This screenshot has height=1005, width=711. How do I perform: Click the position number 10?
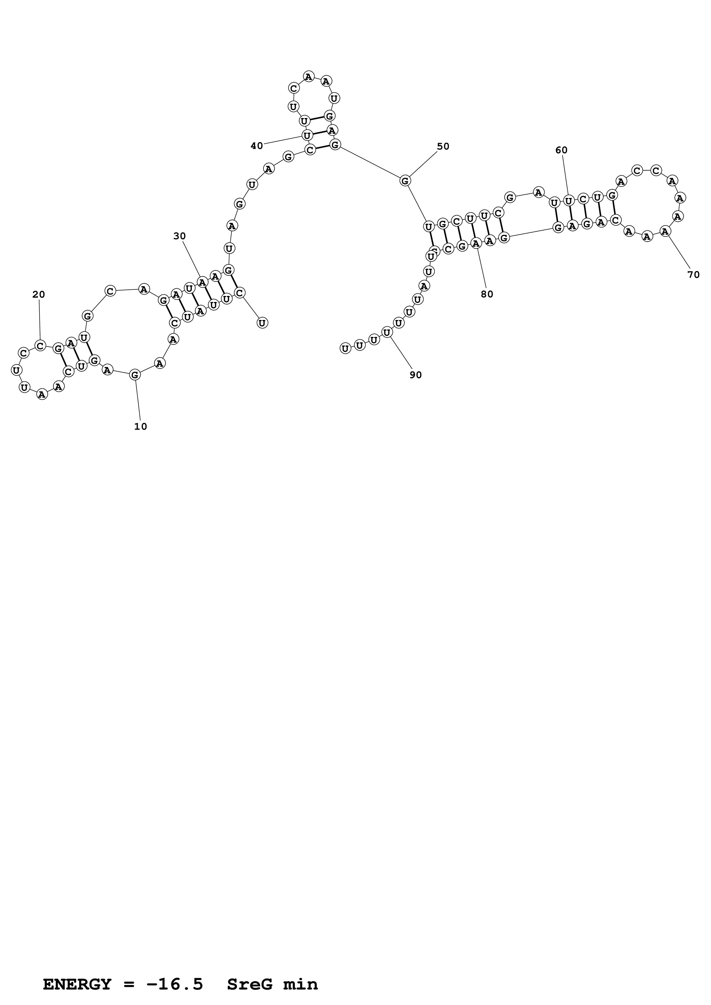pyautogui.click(x=141, y=426)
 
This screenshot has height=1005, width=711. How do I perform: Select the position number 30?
pyautogui.click(x=180, y=236)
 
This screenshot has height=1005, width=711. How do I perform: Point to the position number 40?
pyautogui.click(x=257, y=146)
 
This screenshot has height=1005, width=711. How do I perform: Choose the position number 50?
pyautogui.click(x=443, y=146)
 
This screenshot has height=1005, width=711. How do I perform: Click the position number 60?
pyautogui.click(x=561, y=150)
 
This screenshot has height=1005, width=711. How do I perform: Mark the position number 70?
pyautogui.click(x=694, y=275)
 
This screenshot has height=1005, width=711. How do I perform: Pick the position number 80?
pyautogui.click(x=487, y=294)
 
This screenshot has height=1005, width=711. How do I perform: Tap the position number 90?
pyautogui.click(x=416, y=375)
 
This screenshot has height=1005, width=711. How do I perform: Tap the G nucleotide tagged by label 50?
pyautogui.click(x=405, y=180)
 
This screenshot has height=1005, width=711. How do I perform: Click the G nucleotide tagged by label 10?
pyautogui.click(x=135, y=375)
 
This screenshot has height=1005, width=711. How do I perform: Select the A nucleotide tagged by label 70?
pyautogui.click(x=665, y=231)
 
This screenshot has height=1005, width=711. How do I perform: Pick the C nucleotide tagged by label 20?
pyautogui.click(x=40, y=346)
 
